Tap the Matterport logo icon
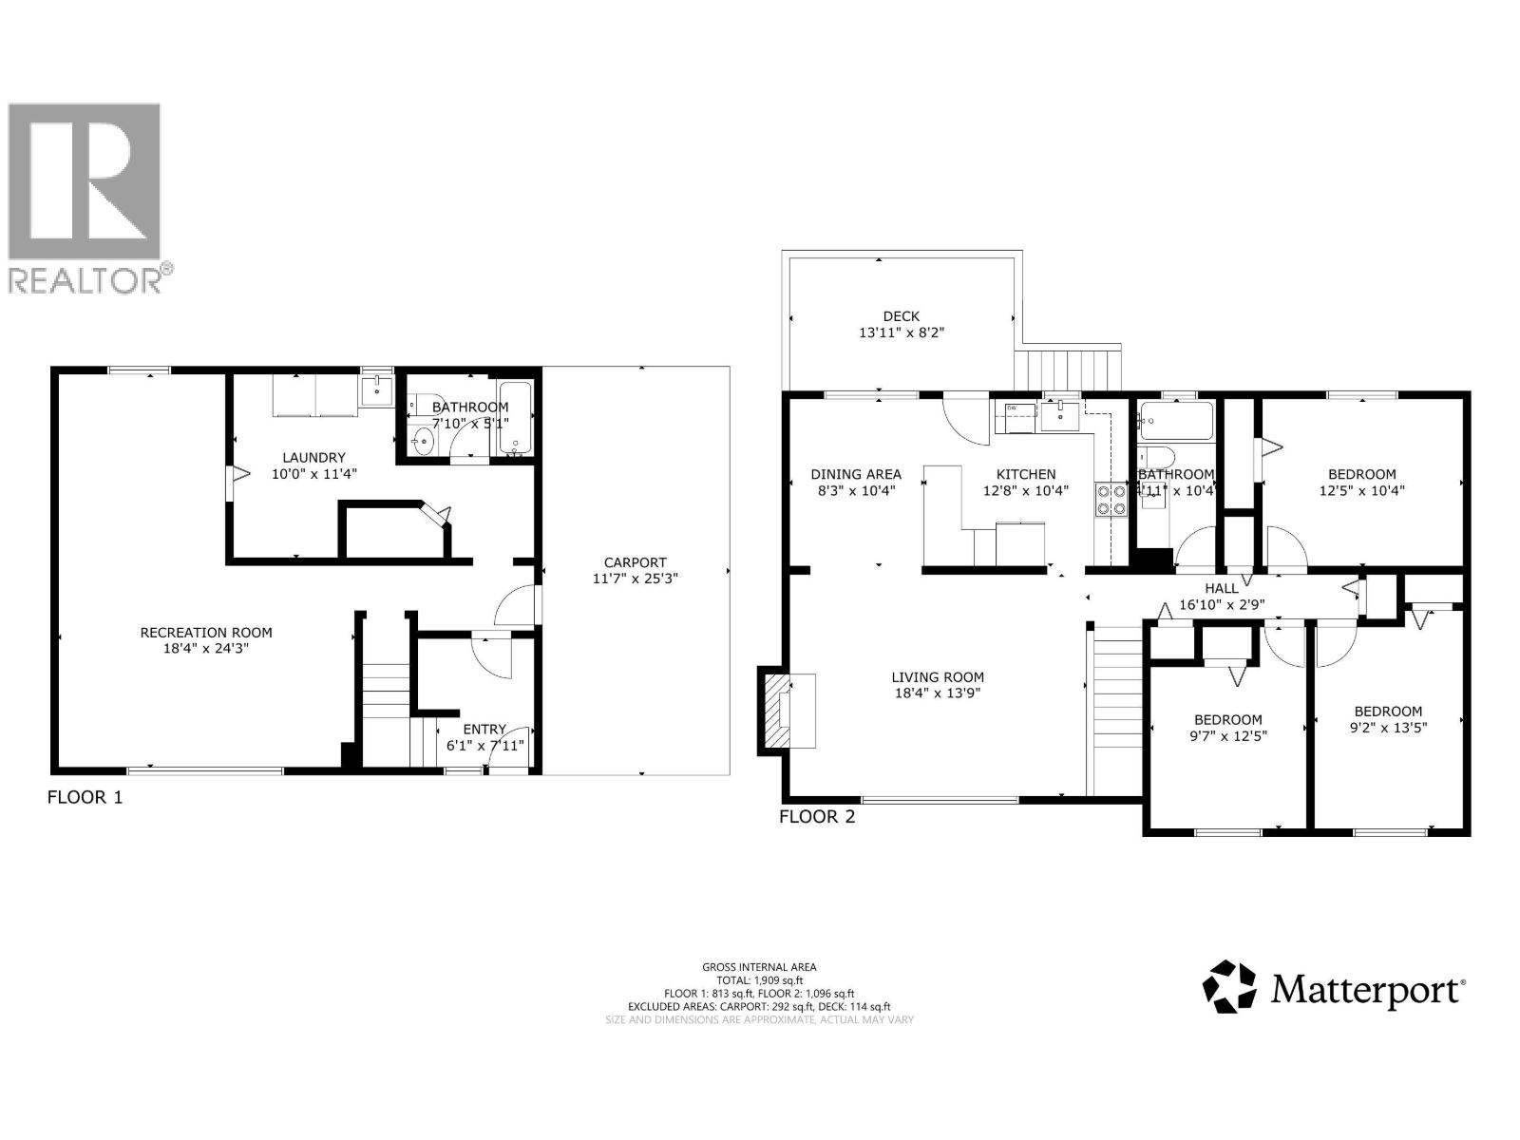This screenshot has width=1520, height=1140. tap(1229, 985)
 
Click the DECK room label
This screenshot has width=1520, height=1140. tap(901, 316)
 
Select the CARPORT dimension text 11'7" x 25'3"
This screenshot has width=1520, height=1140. tap(636, 578)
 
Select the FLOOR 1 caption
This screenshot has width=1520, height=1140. tap(85, 797)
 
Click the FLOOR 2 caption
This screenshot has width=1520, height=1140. tap(817, 816)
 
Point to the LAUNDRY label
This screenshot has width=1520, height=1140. tap(313, 457)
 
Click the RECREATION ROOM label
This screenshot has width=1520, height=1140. tap(206, 632)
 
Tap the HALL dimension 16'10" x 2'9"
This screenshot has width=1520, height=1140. tap(1221, 604)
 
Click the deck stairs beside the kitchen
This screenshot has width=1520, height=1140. tap(1069, 369)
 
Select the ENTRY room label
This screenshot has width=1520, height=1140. tap(484, 730)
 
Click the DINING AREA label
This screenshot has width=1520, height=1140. tap(855, 474)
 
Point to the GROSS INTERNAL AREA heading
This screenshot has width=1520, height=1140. tap(759, 966)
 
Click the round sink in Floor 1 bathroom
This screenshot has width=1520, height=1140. tap(422, 442)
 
